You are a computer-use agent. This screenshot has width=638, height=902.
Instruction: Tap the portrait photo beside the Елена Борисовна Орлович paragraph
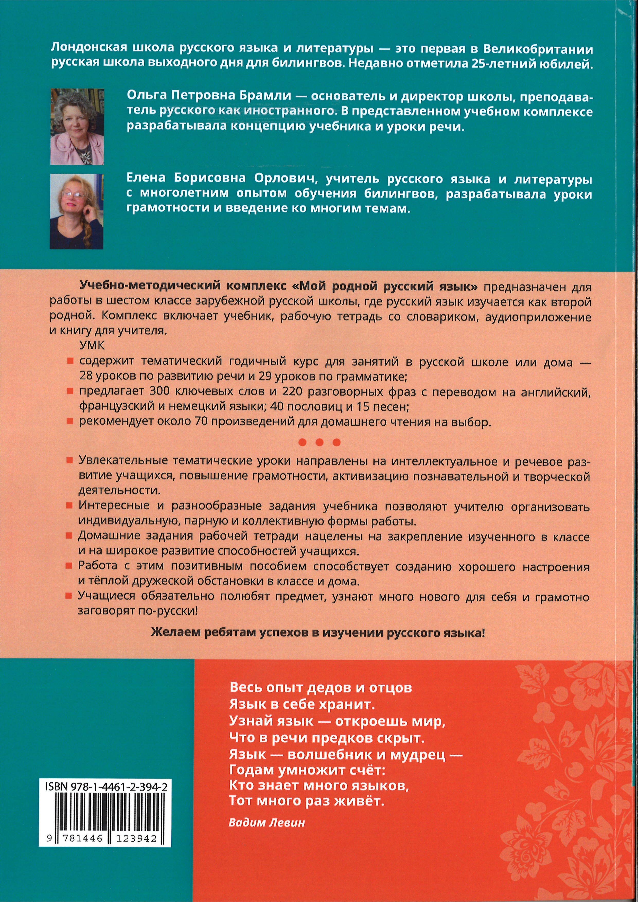point(77,211)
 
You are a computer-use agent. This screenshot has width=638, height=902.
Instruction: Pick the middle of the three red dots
point(320,442)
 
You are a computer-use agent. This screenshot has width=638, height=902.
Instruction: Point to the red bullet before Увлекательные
point(69,461)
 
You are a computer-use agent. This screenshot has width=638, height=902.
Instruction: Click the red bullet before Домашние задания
point(69,536)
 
